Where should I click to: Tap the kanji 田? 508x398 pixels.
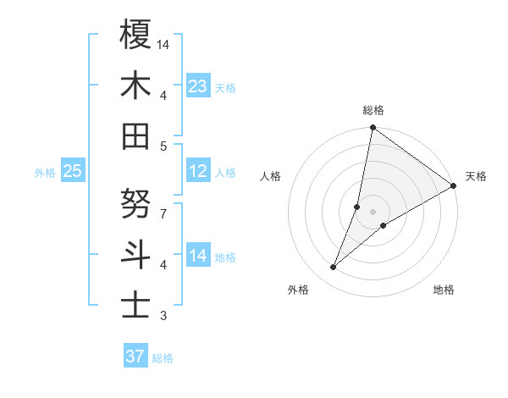[135, 135]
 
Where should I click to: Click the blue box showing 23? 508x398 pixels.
[198, 86]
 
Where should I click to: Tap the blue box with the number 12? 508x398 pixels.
[198, 171]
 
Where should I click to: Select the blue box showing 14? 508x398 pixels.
[198, 256]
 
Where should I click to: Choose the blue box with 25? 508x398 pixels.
[72, 171]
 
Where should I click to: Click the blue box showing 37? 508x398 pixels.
[135, 357]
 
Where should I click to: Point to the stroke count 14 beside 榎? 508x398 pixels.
[163, 44]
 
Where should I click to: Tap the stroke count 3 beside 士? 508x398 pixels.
[163, 316]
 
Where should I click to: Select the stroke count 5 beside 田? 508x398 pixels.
[163, 146]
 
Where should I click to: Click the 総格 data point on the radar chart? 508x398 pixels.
[373, 129]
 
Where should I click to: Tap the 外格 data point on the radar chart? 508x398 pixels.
[334, 268]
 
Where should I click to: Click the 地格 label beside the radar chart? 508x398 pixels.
[444, 290]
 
